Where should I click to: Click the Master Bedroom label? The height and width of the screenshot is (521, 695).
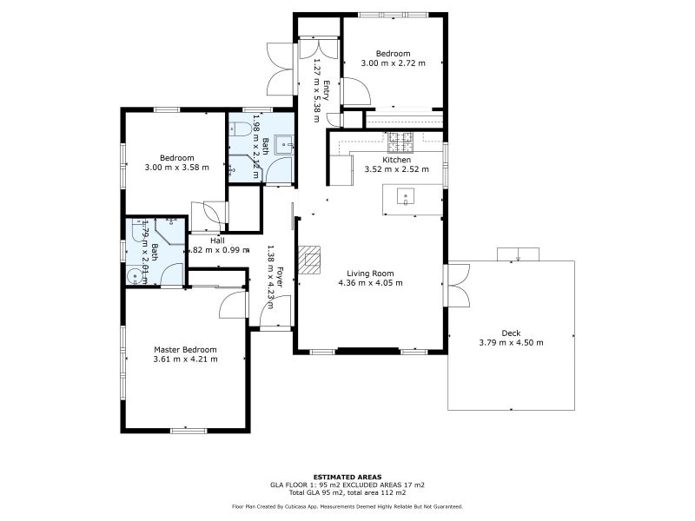tap(185, 349)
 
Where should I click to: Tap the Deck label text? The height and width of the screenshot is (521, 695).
tap(511, 333)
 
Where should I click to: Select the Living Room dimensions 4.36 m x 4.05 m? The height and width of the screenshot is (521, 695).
tap(370, 282)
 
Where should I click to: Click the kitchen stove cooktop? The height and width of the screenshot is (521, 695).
tap(400, 138)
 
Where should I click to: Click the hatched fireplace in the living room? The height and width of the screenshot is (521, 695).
tap(309, 259)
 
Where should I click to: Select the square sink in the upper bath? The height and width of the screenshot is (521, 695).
tap(284, 145)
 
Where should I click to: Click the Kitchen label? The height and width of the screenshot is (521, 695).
tap(396, 160)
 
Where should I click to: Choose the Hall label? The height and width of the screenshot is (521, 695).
tap(216, 241)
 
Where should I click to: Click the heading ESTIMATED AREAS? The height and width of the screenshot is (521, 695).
tap(347, 477)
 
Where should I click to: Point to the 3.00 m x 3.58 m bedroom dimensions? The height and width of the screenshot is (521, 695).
tap(176, 167)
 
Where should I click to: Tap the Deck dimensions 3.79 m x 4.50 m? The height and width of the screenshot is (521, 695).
tap(511, 343)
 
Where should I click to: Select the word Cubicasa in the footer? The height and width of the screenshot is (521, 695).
tap(321, 505)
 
